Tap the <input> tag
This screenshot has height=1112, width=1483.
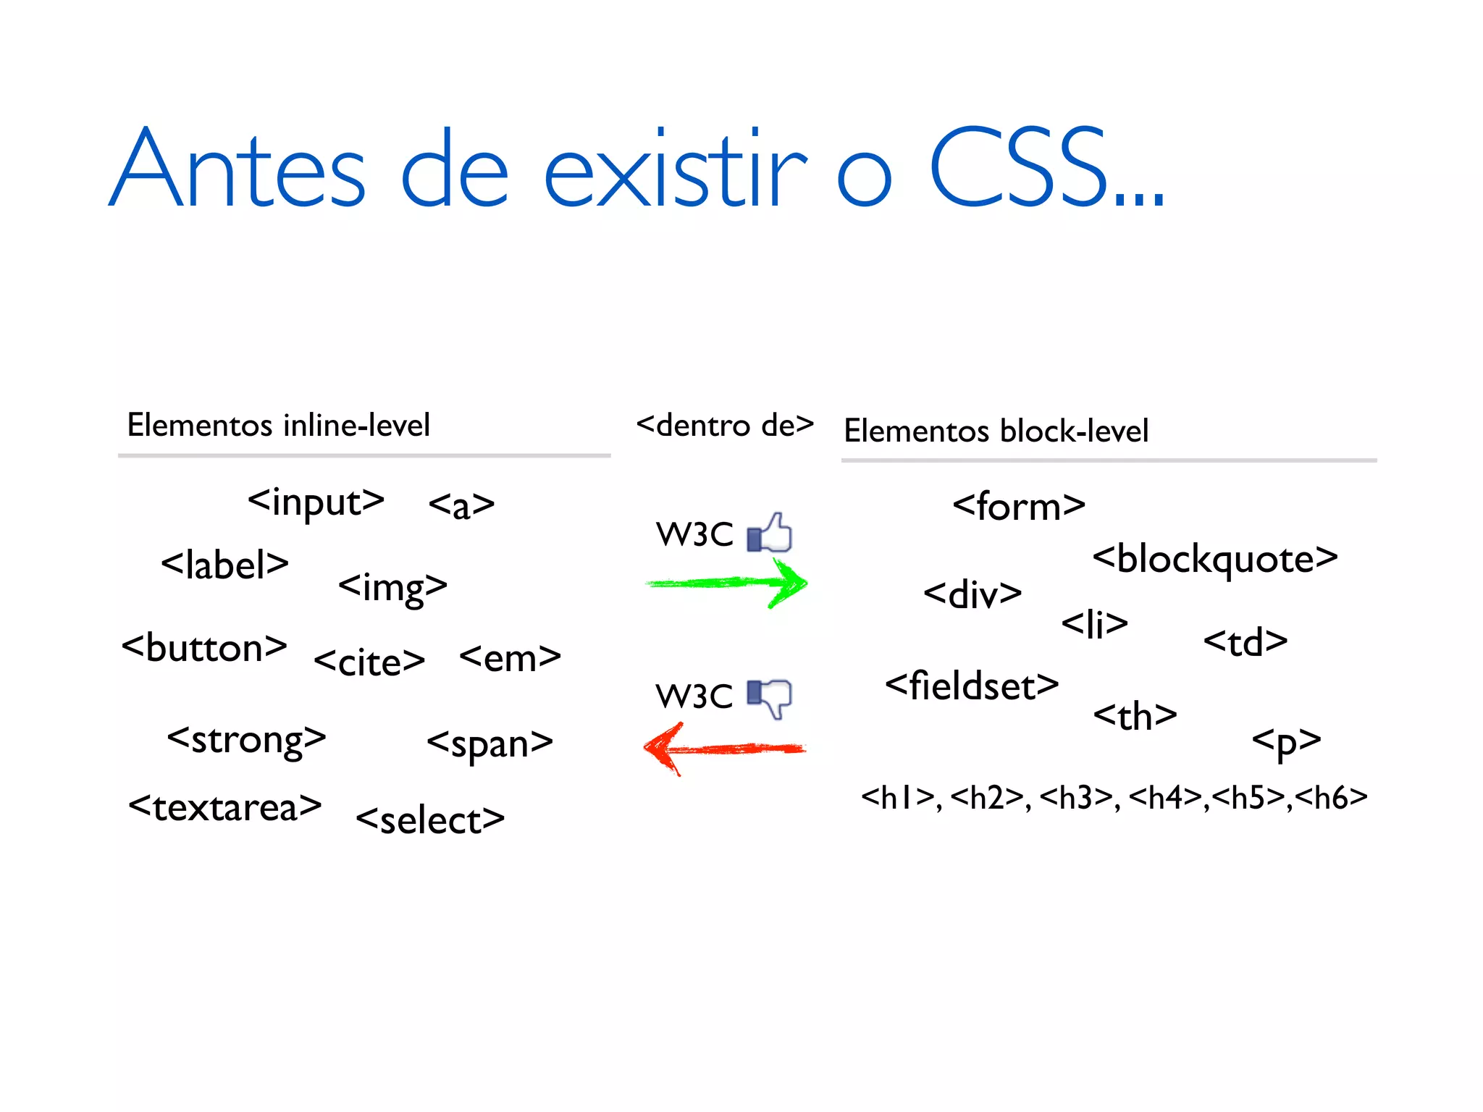click(316, 502)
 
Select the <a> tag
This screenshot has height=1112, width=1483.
click(461, 505)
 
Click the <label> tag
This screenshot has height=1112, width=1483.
click(224, 565)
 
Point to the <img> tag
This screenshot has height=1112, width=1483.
click(392, 587)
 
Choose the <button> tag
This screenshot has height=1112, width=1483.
click(204, 647)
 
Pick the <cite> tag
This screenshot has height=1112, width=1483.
click(369, 662)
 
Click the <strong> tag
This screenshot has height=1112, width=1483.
click(246, 740)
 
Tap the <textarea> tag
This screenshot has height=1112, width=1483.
click(224, 807)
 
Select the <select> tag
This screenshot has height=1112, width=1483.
click(430, 820)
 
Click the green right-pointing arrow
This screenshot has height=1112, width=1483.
click(727, 584)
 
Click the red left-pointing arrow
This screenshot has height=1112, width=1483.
click(724, 749)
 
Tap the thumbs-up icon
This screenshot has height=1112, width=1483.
click(770, 533)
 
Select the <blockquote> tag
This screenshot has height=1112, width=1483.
click(1214, 560)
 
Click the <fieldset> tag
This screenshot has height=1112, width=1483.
click(972, 686)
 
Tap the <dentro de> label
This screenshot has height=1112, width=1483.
click(725, 426)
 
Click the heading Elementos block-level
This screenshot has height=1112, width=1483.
click(996, 431)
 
